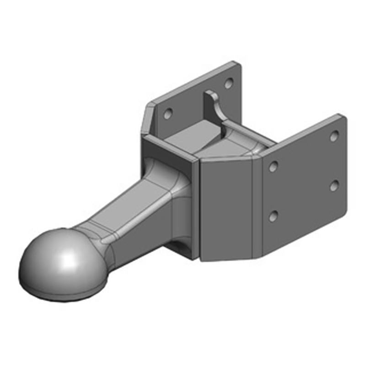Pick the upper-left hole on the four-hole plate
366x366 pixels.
click(273, 167)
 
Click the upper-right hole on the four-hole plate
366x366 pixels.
click(334, 135)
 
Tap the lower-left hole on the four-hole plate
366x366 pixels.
click(273, 215)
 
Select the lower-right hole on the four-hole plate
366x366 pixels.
click(334, 185)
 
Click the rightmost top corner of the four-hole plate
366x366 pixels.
click(343, 115)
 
